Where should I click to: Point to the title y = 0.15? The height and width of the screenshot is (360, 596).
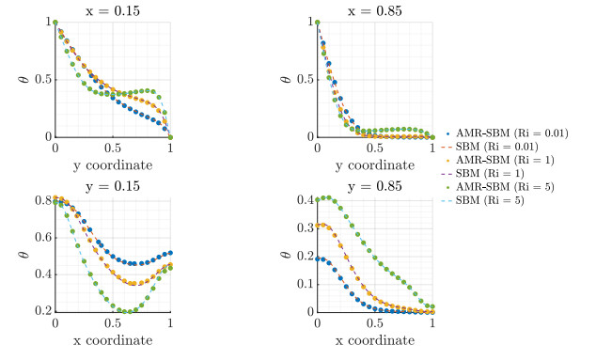click(113, 186)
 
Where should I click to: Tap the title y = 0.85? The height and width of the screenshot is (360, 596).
click(375, 186)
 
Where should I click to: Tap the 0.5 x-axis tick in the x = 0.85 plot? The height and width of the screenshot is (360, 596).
click(375, 149)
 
